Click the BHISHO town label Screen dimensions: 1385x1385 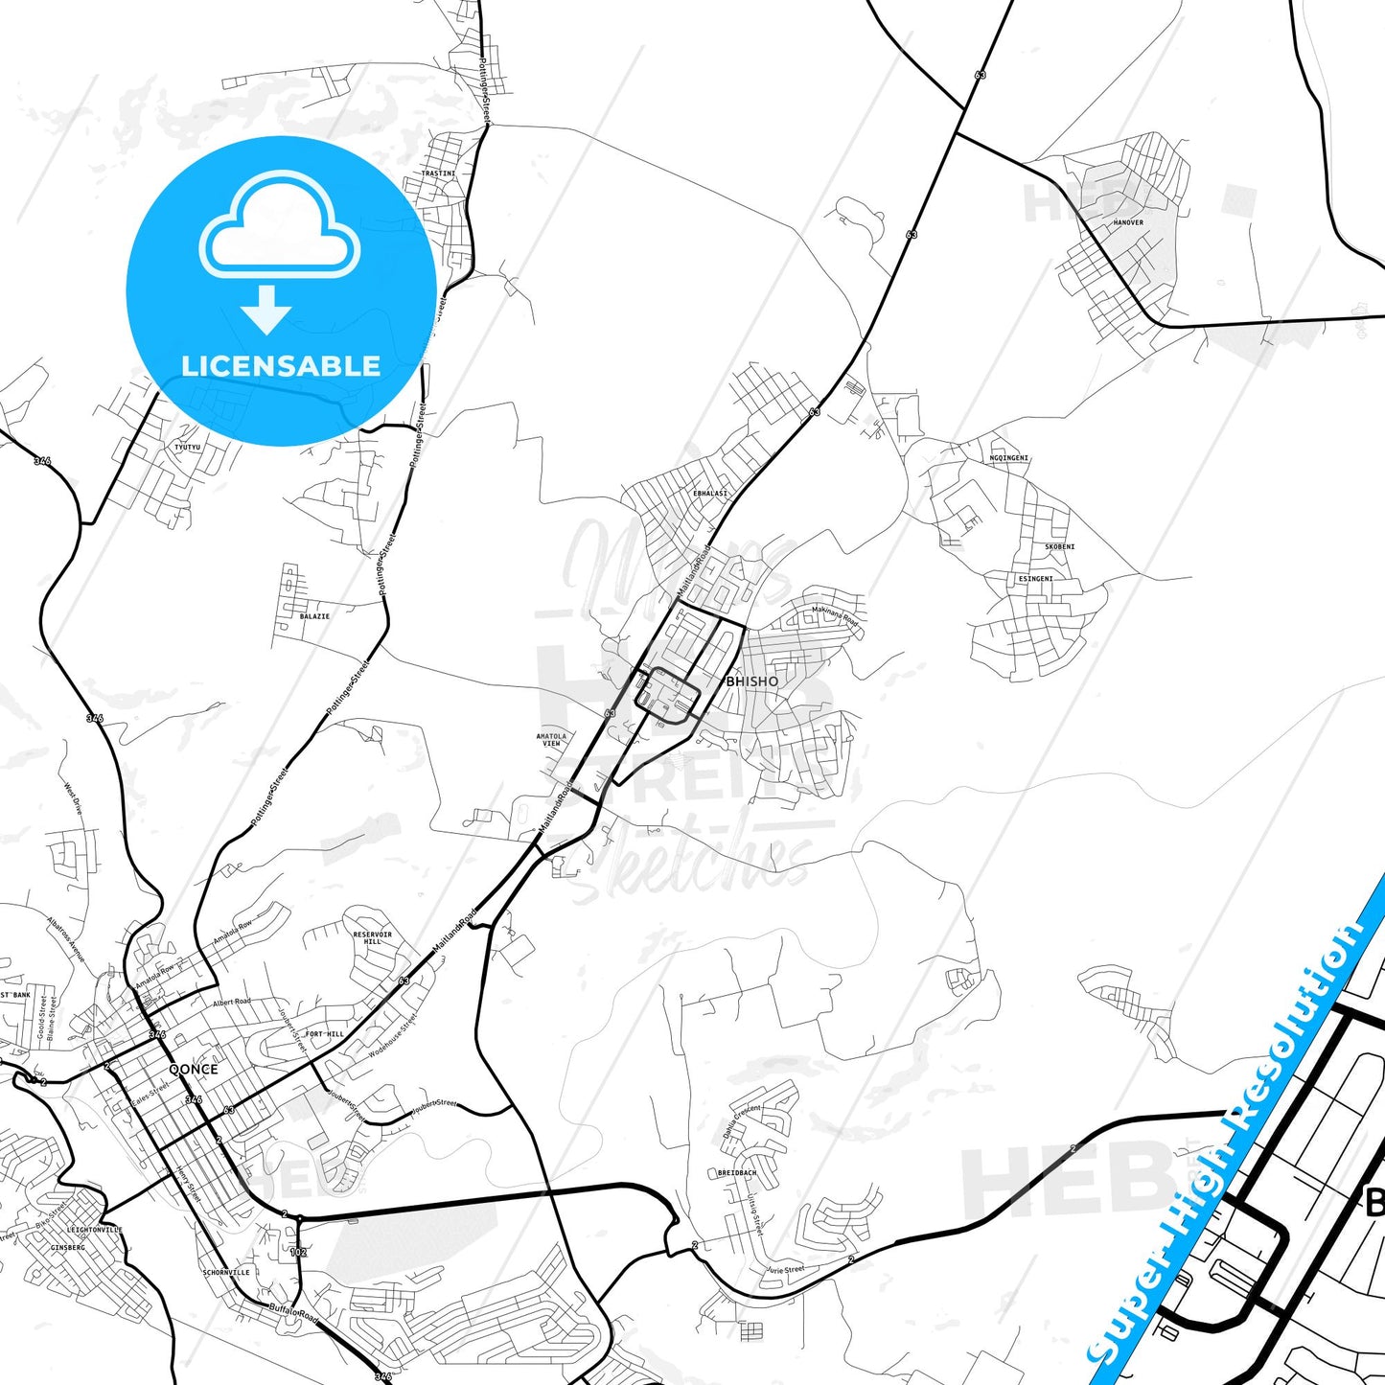click(752, 681)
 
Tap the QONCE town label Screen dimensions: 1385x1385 click(193, 1069)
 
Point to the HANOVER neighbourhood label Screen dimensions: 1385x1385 click(1128, 222)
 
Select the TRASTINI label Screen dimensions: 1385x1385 click(438, 173)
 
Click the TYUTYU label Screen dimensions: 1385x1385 click(188, 447)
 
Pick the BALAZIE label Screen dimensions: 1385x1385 click(314, 616)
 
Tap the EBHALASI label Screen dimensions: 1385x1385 click(710, 494)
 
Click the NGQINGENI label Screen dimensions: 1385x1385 click(1008, 458)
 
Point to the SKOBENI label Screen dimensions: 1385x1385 click(1059, 546)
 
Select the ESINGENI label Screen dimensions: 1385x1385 click(1035, 579)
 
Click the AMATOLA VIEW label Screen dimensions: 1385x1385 click(551, 740)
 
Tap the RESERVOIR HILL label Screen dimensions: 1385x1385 click(373, 937)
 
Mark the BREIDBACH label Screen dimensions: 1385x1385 click(737, 1172)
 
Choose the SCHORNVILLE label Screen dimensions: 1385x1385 click(226, 1273)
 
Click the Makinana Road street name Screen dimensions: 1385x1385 click(835, 615)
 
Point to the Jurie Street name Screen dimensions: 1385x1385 click(785, 1270)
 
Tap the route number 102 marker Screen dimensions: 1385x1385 click(298, 1252)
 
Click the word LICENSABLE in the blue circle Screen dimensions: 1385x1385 click(281, 366)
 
